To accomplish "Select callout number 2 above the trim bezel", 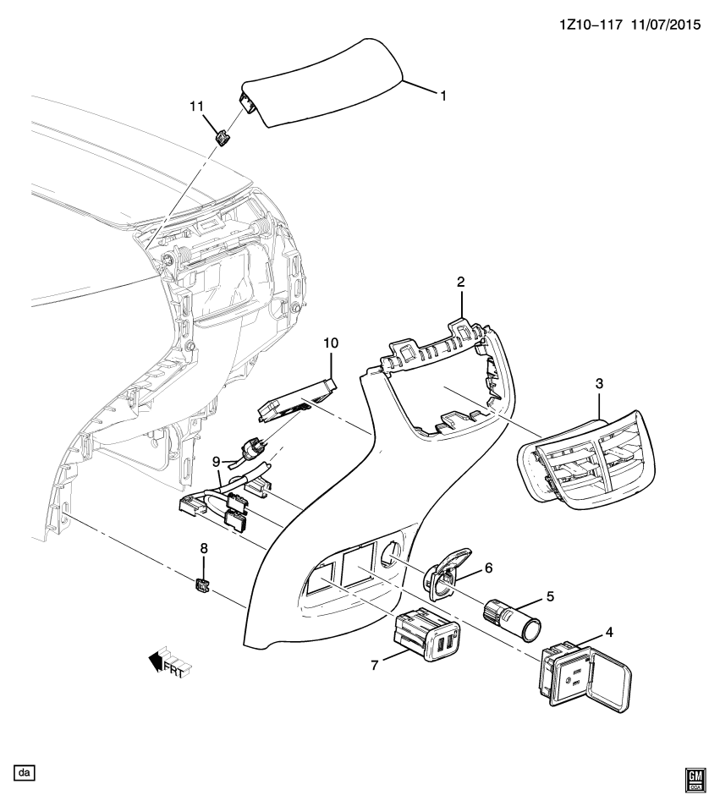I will pyautogui.click(x=460, y=283).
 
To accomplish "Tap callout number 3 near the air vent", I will pyautogui.click(x=599, y=383).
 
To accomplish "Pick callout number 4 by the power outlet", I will pyautogui.click(x=609, y=632).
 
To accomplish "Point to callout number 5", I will pyautogui.click(x=550, y=596).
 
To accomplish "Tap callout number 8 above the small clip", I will pyautogui.click(x=203, y=548).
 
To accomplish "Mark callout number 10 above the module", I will pyautogui.click(x=330, y=343).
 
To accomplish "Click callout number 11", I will pyautogui.click(x=196, y=106).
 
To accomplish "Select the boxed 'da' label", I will pyautogui.click(x=25, y=772).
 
